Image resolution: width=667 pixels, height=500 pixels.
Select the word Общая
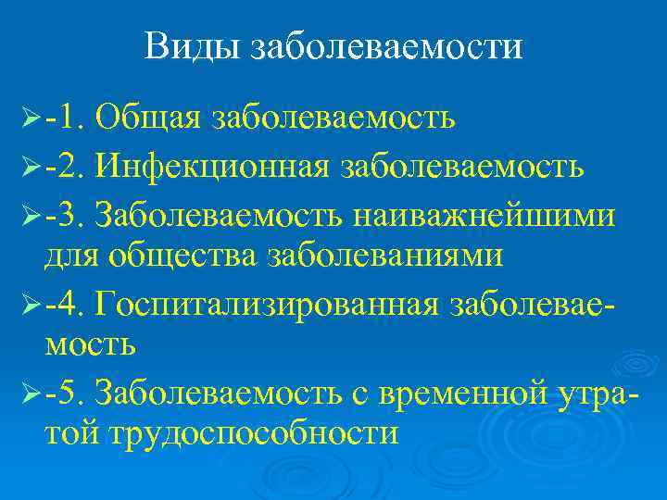click(x=151, y=119)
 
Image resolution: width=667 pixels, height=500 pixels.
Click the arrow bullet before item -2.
click(x=31, y=167)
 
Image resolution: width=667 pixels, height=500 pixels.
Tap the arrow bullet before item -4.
click(x=31, y=302)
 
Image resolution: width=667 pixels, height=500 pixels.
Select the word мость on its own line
click(x=91, y=344)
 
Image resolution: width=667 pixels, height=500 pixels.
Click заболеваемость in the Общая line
click(x=333, y=119)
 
